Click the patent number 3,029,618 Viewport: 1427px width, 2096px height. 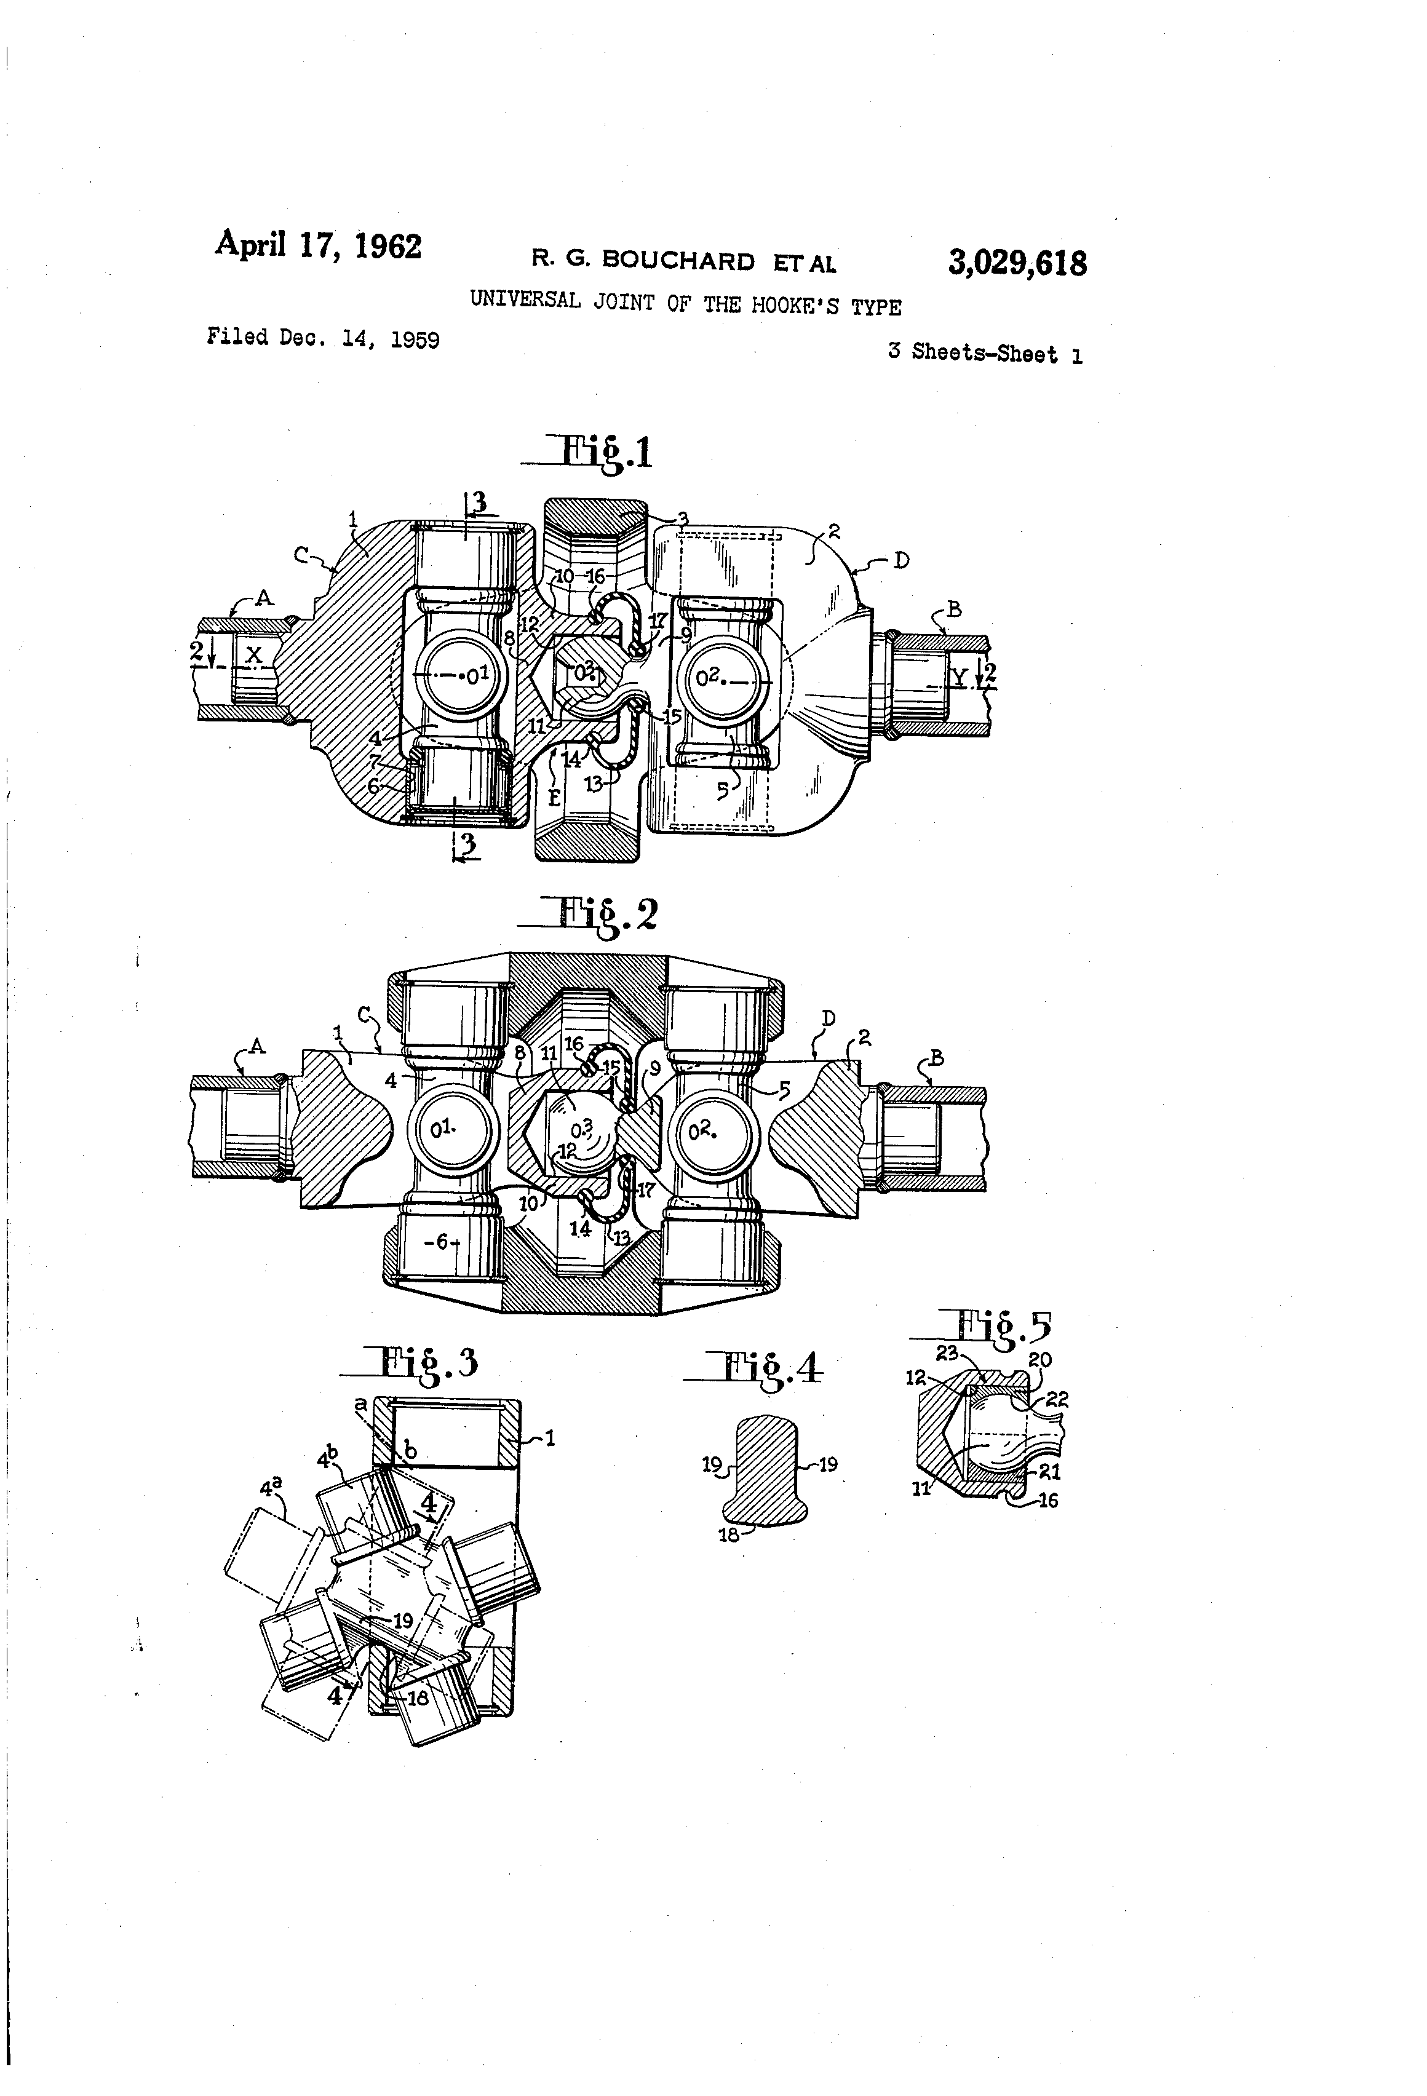coord(1017,263)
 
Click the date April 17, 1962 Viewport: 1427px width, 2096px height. coord(317,245)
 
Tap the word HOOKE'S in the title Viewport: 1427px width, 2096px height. coord(797,306)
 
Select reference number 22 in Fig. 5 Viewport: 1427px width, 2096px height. coord(1057,1400)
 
